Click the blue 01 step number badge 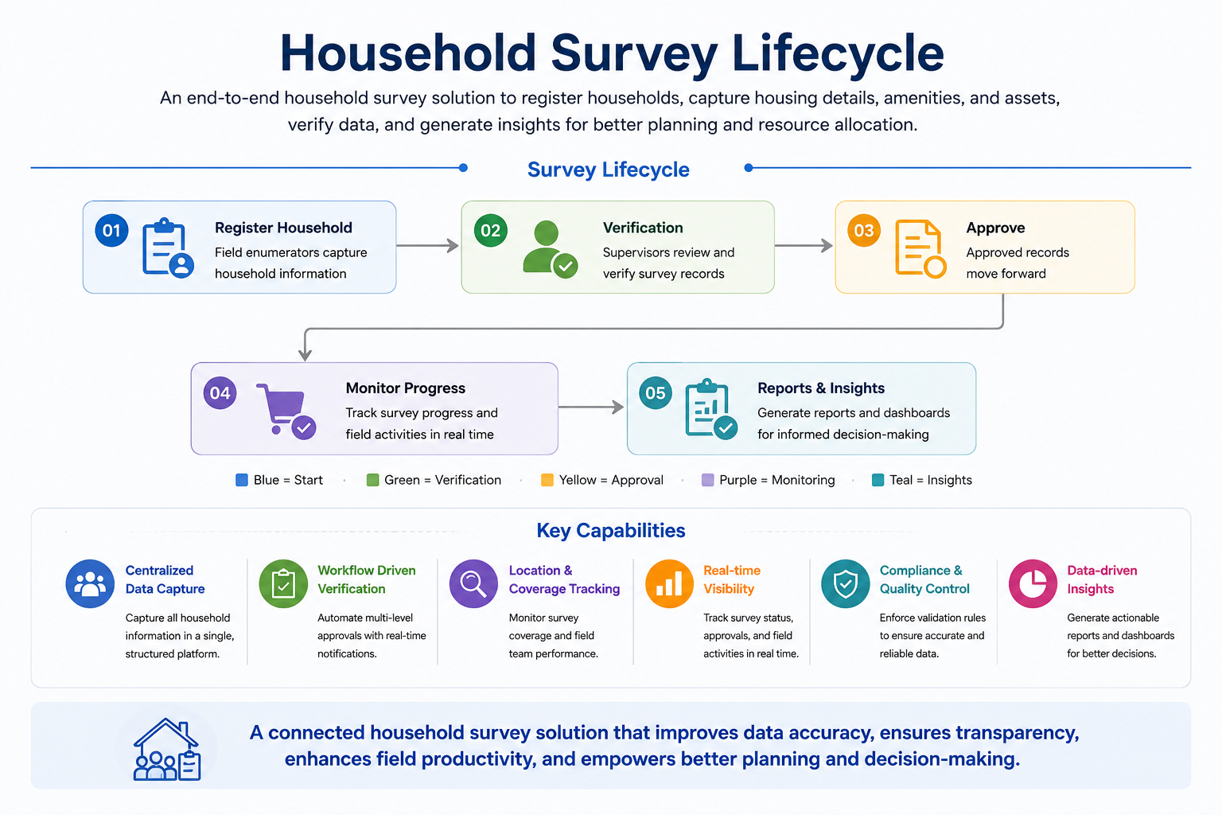111,230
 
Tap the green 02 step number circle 490,230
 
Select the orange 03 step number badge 863,230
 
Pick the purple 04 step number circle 220,393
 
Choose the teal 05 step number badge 656,393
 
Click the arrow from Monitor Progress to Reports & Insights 591,407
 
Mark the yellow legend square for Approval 547,480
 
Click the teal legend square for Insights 878,480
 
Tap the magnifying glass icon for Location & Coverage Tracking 473,583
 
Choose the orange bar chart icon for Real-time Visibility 669,583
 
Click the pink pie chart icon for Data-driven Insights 1033,583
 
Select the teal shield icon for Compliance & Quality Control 846,583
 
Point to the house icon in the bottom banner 167,749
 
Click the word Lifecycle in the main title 838,53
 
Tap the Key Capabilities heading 611,531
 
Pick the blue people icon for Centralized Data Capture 90,583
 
